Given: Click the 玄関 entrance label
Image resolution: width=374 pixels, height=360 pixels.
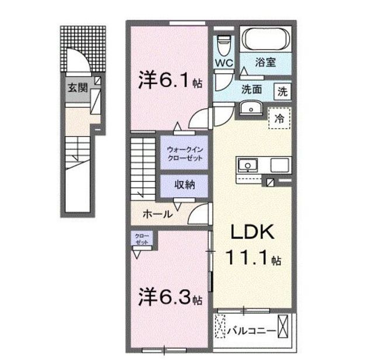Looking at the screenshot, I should click(x=74, y=88).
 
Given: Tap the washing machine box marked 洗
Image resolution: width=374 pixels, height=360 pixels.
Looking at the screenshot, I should click(x=282, y=91).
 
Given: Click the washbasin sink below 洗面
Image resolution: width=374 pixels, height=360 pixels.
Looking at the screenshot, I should click(x=251, y=109).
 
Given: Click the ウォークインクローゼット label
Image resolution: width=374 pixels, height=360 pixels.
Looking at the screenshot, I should click(x=184, y=153).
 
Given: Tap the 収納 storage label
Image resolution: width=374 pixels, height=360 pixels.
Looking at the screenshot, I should click(x=184, y=185).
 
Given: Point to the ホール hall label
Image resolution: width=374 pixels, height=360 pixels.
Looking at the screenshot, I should click(x=158, y=214).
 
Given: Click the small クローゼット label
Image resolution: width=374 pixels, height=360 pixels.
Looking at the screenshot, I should click(x=142, y=238).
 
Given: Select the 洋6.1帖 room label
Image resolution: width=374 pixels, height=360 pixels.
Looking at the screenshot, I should click(x=170, y=81).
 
